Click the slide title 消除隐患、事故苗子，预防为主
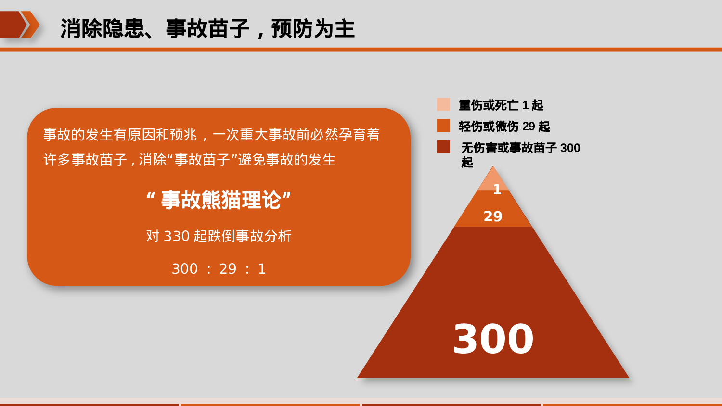[x=207, y=28]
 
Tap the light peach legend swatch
[x=443, y=104]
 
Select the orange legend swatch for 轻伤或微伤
[x=443, y=126]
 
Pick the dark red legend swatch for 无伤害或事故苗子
[x=443, y=147]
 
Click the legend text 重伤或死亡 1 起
[x=501, y=105]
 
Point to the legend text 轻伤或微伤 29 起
[x=504, y=126]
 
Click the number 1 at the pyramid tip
[x=497, y=189]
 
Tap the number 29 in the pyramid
[x=493, y=216]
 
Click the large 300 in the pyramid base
[x=493, y=339]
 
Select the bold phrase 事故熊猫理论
[x=220, y=200]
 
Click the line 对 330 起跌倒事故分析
[x=219, y=236]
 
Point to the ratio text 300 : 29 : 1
[x=219, y=269]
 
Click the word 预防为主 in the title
[x=313, y=28]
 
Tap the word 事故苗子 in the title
[x=207, y=28]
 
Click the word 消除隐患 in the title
[x=102, y=28]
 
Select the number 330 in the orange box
[x=177, y=236]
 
